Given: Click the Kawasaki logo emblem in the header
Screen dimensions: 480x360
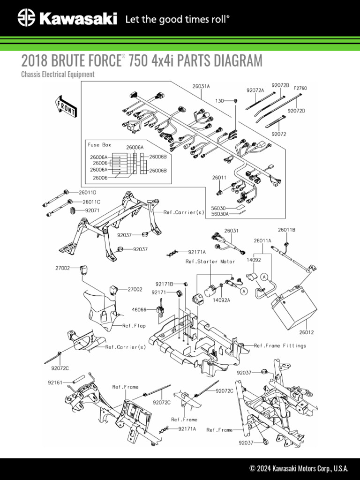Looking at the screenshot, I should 27,19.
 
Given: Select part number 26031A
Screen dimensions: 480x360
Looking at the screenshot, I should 201,86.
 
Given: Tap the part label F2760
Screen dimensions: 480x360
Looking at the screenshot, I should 300,88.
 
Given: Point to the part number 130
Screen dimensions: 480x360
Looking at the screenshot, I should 219,101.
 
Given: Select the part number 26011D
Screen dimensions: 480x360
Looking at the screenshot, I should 87,192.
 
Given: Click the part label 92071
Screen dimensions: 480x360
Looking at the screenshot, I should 93,211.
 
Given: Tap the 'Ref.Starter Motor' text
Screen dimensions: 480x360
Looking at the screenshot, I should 210,261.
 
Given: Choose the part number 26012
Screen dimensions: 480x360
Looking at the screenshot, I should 306,332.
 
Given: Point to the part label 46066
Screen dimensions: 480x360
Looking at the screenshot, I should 139,309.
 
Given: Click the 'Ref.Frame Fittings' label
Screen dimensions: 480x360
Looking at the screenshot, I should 280,345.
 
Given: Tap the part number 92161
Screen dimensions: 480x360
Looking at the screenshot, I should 55,382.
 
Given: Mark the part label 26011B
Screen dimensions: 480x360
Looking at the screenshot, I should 286,230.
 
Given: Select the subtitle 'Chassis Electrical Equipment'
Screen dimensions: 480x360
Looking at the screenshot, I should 58,74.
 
